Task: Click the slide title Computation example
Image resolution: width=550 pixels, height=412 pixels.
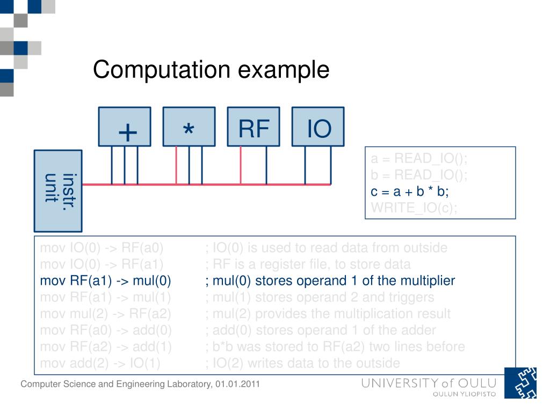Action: (211, 70)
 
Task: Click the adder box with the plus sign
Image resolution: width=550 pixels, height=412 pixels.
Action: (125, 127)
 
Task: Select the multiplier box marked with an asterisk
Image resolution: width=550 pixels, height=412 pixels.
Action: (189, 127)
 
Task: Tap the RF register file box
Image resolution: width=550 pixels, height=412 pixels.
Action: (254, 127)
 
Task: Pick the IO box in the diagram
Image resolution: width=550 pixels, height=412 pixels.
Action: (318, 127)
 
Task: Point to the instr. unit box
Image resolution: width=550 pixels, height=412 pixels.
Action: (58, 190)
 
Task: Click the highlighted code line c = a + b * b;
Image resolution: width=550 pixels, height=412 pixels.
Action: (410, 192)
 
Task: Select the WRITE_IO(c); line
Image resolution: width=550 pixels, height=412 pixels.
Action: (414, 208)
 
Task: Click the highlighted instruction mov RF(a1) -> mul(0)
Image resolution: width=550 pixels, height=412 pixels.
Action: (105, 281)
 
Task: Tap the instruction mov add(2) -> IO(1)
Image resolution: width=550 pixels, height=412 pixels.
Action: (100, 363)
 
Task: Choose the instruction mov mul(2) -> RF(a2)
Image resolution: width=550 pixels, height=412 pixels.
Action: (106, 314)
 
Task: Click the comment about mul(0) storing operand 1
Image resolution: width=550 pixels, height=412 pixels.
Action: (330, 281)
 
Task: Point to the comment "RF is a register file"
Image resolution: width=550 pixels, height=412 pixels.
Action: (308, 264)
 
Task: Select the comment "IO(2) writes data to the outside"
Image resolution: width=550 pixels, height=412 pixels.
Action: (302, 363)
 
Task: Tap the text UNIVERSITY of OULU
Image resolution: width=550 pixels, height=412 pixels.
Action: (429, 383)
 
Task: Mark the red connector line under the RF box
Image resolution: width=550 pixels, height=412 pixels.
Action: (241, 165)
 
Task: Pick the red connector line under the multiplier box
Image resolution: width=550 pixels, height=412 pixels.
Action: (176, 165)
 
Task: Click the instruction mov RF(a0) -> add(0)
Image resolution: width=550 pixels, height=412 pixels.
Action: (106, 330)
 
